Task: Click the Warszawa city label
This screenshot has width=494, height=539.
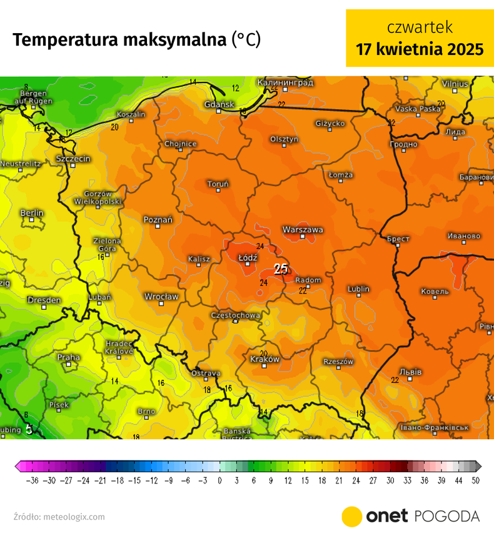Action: click(x=303, y=229)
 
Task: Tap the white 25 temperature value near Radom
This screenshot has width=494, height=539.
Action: click(x=281, y=269)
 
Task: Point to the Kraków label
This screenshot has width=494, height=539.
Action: click(x=265, y=359)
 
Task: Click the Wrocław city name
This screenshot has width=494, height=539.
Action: click(x=161, y=296)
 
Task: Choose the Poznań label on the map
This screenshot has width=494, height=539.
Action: click(x=158, y=219)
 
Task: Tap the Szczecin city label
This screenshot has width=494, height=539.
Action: click(x=73, y=159)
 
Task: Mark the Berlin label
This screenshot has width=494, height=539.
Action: click(x=32, y=213)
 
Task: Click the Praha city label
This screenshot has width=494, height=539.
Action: click(x=68, y=357)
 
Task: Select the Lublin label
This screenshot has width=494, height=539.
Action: click(x=358, y=289)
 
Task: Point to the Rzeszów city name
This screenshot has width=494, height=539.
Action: click(x=338, y=362)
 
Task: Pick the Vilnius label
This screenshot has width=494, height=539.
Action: click(x=455, y=83)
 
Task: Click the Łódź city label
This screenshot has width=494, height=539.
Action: click(x=248, y=257)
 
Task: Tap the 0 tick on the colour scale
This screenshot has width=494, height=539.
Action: click(x=219, y=480)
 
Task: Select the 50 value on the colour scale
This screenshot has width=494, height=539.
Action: click(x=476, y=480)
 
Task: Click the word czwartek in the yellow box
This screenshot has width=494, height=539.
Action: click(x=420, y=27)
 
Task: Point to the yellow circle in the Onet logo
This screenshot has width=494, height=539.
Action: click(x=352, y=517)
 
